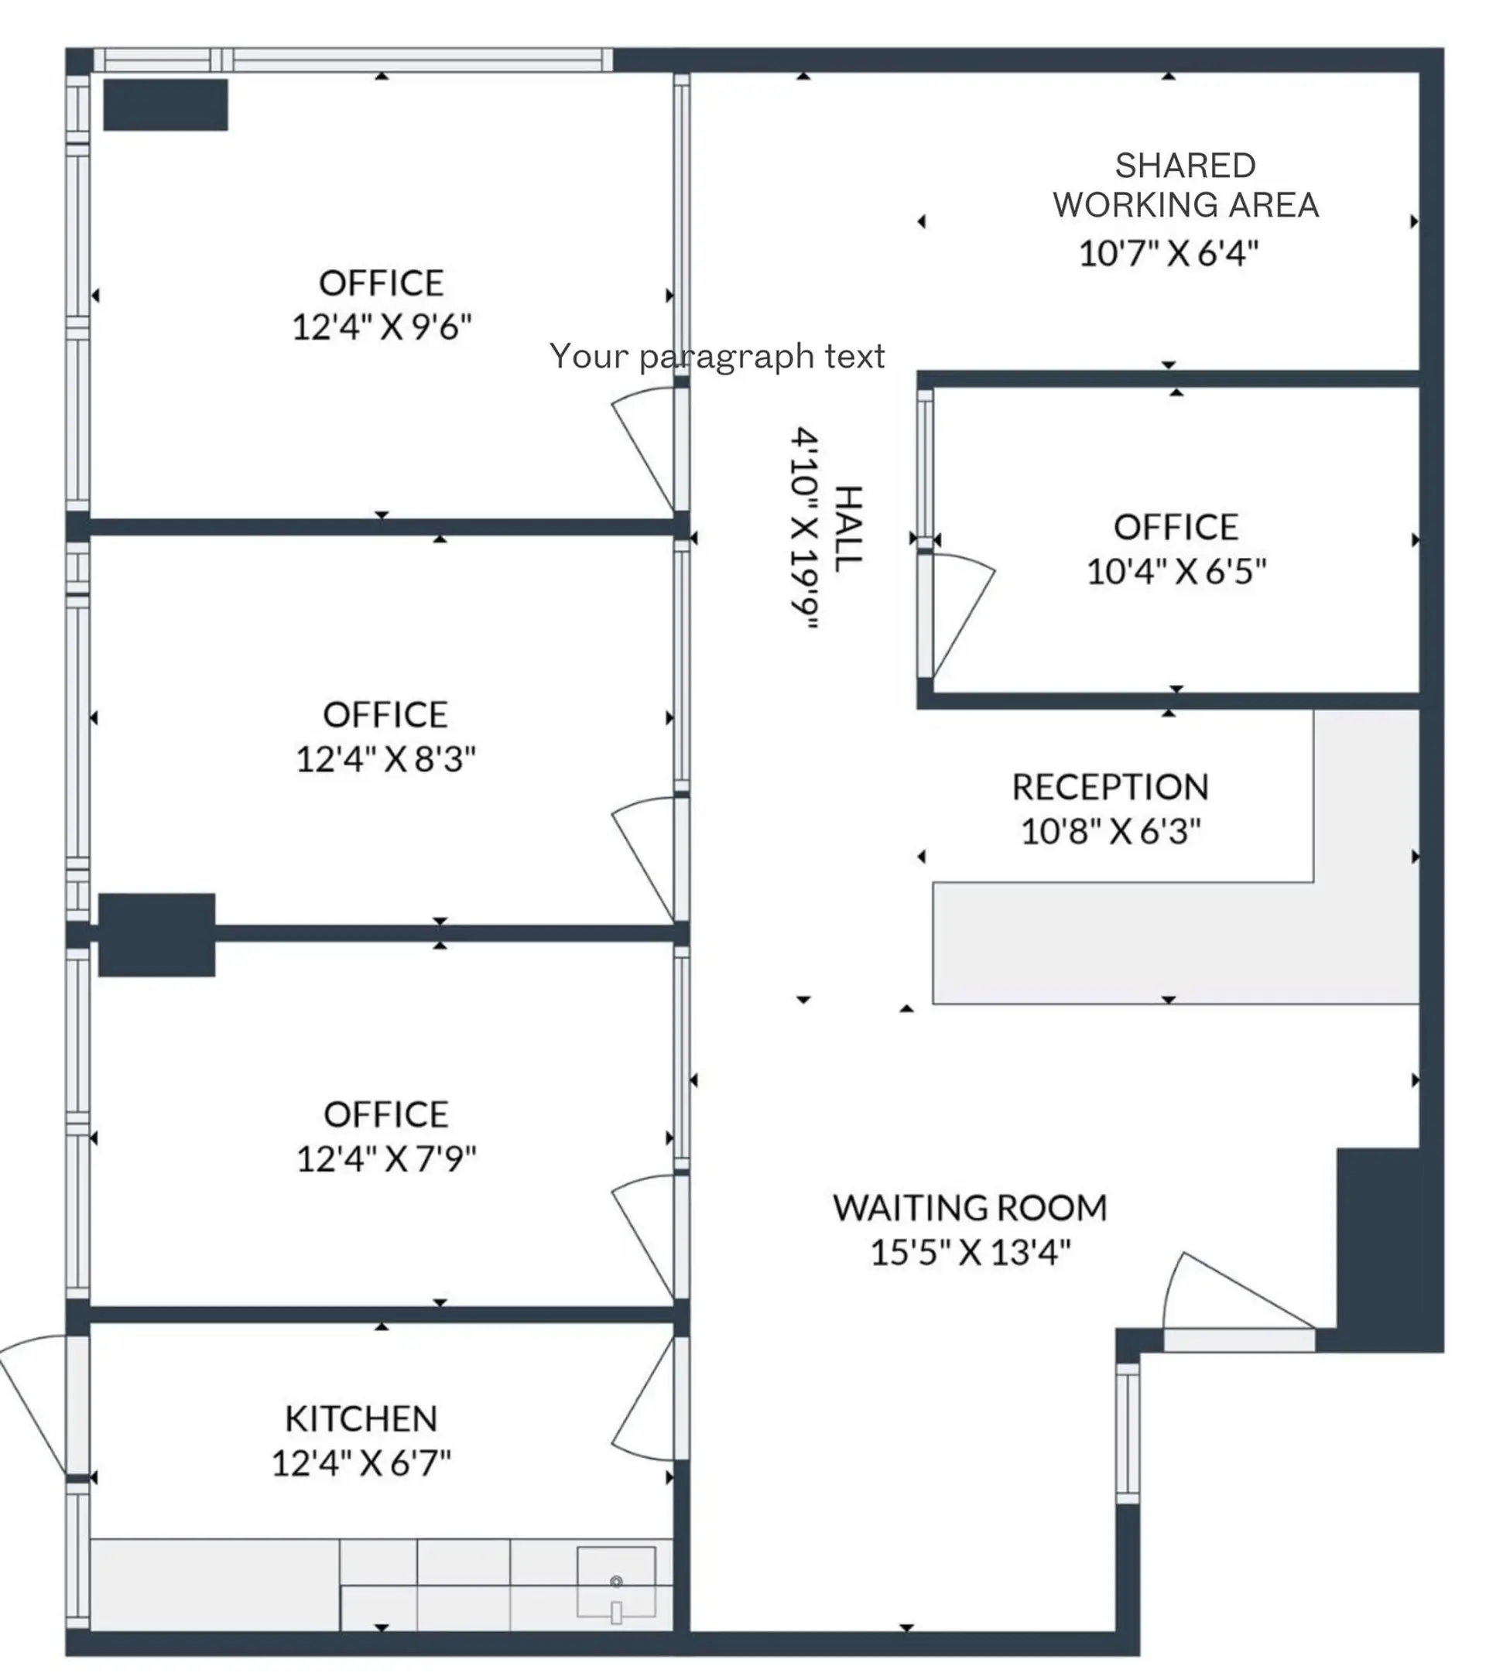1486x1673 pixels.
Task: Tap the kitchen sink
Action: tap(616, 1582)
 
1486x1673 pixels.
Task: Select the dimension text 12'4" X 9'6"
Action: tap(382, 327)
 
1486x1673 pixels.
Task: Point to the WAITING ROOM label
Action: tap(969, 1208)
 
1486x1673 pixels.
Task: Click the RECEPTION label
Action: tap(1109, 786)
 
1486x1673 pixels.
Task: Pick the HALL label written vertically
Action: tap(848, 529)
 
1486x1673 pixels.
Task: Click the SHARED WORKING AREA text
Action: tap(1185, 185)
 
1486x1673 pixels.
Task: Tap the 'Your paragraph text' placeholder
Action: tap(717, 356)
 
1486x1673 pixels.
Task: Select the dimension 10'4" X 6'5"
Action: tap(1176, 571)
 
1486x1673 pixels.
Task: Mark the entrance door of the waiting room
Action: tap(1236, 1302)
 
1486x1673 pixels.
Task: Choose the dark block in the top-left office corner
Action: tap(166, 104)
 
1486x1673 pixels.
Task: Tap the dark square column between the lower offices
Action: tap(156, 935)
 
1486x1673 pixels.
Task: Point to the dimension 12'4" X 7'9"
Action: tap(385, 1159)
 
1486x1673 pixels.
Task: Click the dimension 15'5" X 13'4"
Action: tap(969, 1252)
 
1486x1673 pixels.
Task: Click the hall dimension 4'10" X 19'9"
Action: tap(804, 528)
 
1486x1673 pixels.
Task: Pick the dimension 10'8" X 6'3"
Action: tap(1109, 832)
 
